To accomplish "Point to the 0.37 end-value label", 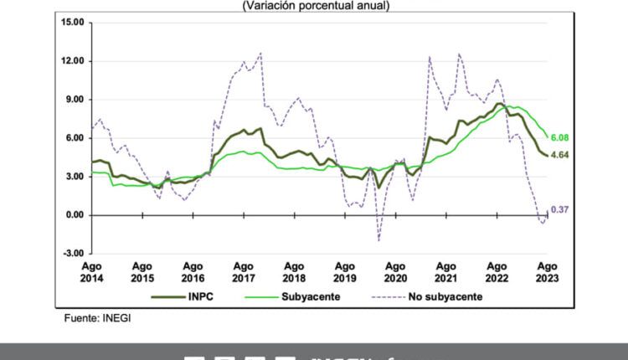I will [x=560, y=210].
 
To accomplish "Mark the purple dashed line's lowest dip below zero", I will [x=378, y=240].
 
